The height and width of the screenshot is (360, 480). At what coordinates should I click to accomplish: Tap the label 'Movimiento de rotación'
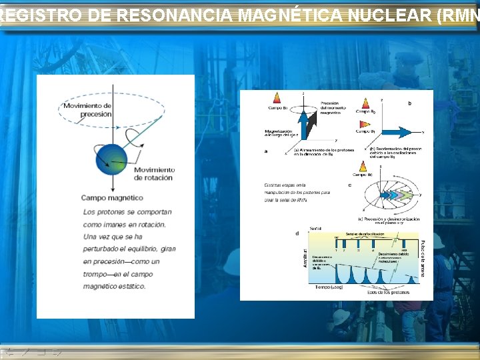click(x=153, y=174)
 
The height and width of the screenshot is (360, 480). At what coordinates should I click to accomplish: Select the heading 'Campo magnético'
click(x=112, y=197)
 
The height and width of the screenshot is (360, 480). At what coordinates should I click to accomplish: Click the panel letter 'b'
click(x=409, y=103)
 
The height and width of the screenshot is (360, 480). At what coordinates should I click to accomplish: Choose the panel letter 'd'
click(x=297, y=233)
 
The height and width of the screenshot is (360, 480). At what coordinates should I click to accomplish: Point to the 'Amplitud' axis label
click(x=305, y=259)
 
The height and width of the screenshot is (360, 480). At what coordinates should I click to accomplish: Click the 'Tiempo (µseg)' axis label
click(x=325, y=287)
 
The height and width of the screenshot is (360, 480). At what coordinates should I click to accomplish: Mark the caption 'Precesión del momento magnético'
click(x=333, y=108)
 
